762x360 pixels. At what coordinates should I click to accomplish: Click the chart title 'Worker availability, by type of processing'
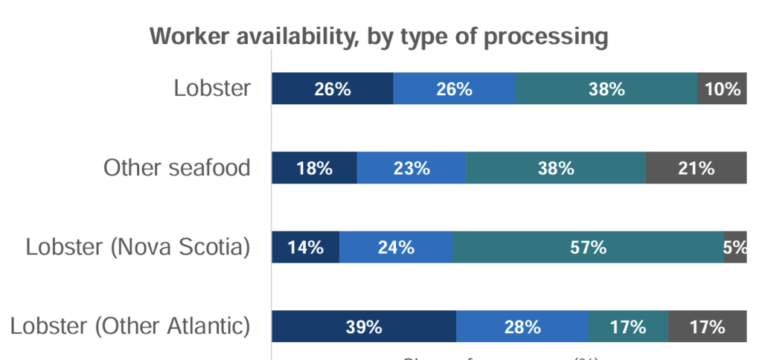(x=379, y=36)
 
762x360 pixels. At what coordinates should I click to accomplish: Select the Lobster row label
(x=212, y=89)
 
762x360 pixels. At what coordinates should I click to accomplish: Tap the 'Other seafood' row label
(x=176, y=167)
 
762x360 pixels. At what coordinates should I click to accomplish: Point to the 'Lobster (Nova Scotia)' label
(x=138, y=247)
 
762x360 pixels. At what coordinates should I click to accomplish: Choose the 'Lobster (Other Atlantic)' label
(x=130, y=326)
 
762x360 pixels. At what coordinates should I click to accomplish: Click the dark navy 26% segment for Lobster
(x=332, y=89)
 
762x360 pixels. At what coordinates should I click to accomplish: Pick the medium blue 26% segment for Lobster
(x=454, y=89)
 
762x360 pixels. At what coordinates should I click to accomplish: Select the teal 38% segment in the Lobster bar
(x=606, y=89)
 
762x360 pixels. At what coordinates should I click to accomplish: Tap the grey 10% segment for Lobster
(x=722, y=89)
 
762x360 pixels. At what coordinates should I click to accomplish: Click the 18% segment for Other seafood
(x=314, y=168)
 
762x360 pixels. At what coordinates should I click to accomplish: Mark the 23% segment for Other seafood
(x=412, y=168)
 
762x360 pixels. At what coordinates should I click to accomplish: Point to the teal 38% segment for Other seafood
(x=556, y=168)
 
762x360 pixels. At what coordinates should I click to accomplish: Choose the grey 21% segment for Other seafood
(x=696, y=168)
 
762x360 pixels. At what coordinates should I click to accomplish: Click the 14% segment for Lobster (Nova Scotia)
(x=305, y=248)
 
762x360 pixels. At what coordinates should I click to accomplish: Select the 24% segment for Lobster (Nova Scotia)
(x=396, y=248)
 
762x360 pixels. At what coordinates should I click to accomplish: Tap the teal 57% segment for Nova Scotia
(x=588, y=248)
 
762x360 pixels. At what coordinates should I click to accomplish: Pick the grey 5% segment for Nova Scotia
(x=735, y=248)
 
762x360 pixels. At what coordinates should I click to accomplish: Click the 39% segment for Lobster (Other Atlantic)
(x=364, y=327)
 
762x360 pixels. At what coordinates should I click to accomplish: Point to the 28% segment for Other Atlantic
(x=522, y=327)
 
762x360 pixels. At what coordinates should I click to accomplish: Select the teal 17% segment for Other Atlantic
(x=628, y=327)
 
